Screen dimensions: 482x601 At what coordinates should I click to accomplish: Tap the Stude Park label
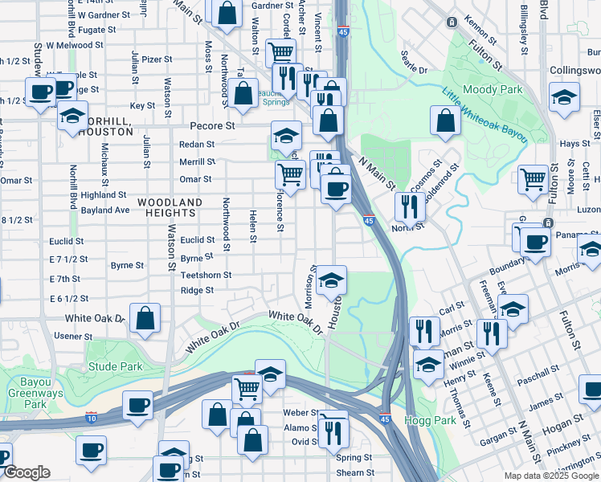116,367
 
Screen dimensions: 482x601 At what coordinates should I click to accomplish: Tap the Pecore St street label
212,126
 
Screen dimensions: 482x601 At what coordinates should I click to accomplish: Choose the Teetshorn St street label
206,275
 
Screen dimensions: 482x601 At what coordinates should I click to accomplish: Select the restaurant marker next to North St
410,206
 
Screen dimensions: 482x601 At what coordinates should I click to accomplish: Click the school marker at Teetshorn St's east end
330,280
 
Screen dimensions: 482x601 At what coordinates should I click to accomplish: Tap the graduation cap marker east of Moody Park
565,97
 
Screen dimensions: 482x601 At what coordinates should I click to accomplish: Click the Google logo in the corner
27,472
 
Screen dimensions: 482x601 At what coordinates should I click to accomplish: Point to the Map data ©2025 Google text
550,476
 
